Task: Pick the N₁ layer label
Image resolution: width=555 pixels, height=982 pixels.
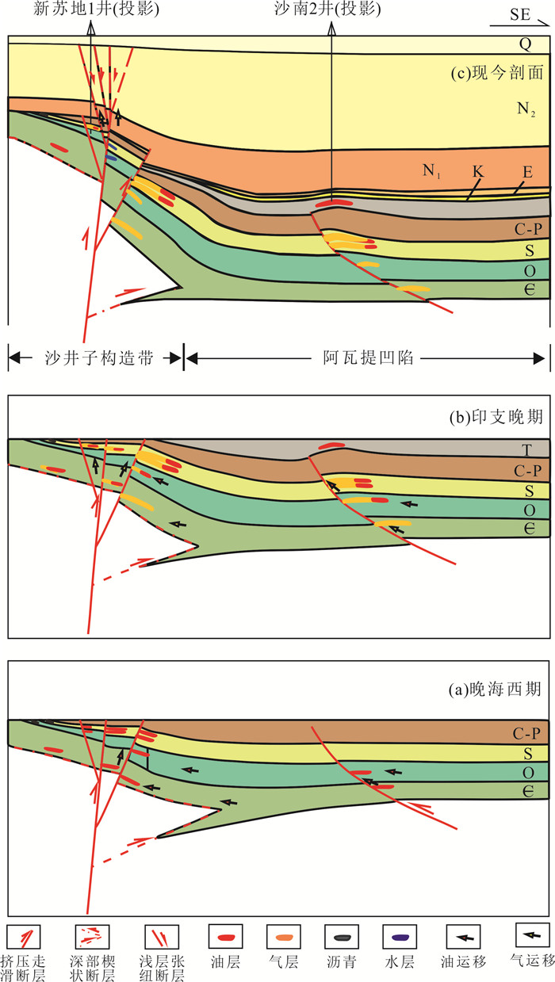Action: coord(433,169)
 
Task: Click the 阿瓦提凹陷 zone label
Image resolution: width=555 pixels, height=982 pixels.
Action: coord(366,357)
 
